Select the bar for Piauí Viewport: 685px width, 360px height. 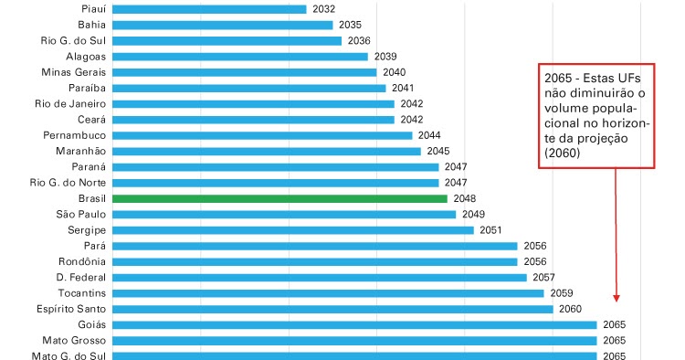pyautogui.click(x=209, y=9)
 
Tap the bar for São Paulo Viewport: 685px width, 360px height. pyautogui.click(x=284, y=214)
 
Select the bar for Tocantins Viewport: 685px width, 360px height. pyautogui.click(x=328, y=293)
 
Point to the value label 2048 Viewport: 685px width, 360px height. pyautogui.click(x=465, y=198)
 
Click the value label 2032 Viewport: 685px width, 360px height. pyautogui.click(x=323, y=9)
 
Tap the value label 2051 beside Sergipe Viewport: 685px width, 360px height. pyautogui.click(x=491, y=230)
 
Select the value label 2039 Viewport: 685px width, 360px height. pyautogui.click(x=385, y=57)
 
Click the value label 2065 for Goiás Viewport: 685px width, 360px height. pyautogui.click(x=615, y=325)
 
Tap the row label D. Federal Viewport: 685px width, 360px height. pyautogui.click(x=81, y=277)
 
